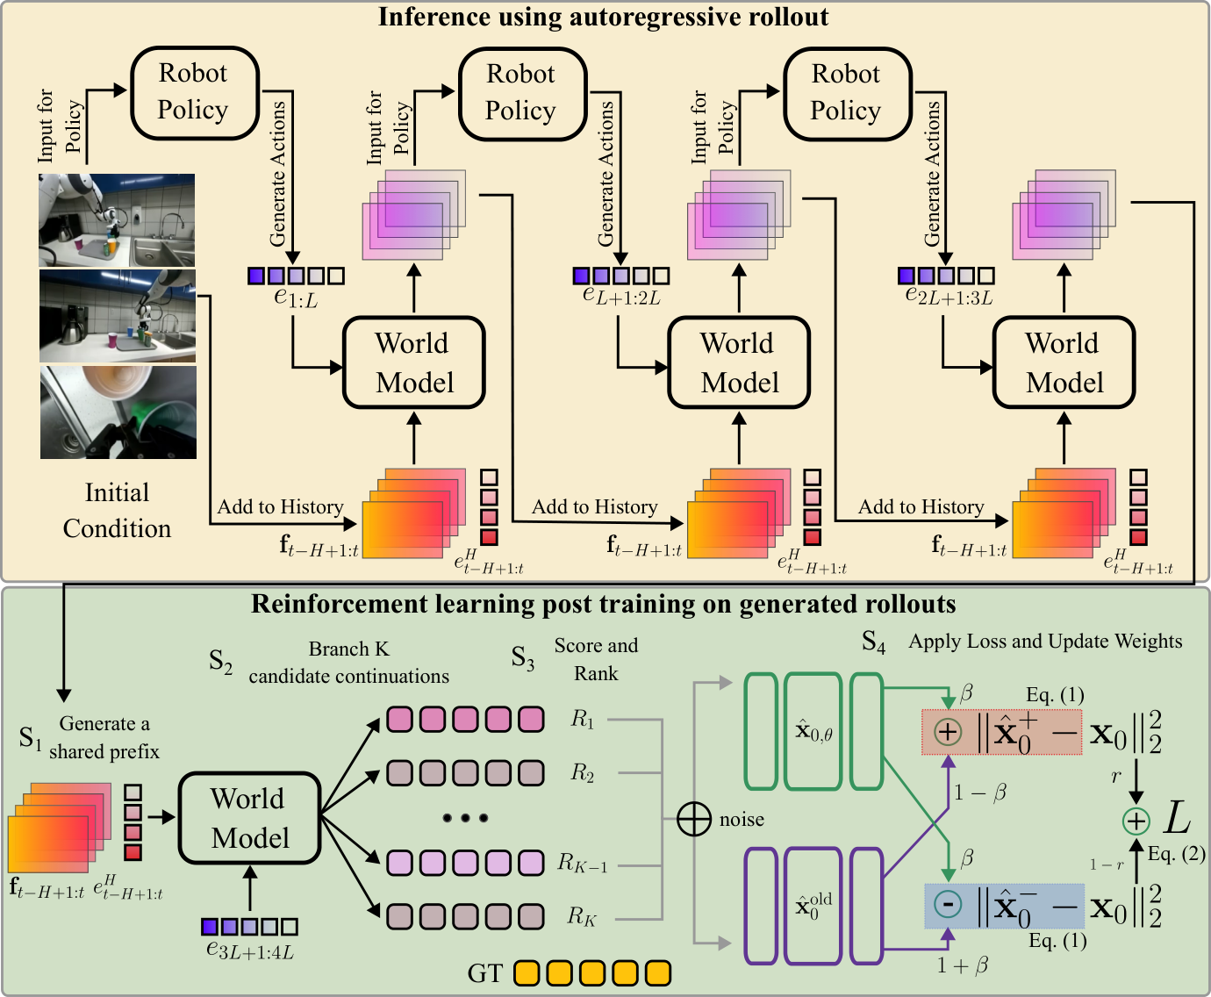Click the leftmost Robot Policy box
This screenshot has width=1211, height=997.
pos(194,92)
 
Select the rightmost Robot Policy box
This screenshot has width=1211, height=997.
pos(847,93)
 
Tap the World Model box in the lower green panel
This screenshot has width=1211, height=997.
pos(249,818)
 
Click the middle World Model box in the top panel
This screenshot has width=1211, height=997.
pos(738,362)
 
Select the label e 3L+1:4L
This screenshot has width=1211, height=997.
pos(250,949)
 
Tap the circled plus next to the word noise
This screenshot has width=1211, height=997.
pos(693,819)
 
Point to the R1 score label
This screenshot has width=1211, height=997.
pos(583,720)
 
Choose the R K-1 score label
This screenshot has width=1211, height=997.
pos(583,863)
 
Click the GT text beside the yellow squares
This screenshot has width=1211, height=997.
pos(484,973)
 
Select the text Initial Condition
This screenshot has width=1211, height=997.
pos(117,510)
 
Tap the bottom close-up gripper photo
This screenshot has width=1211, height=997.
pos(118,412)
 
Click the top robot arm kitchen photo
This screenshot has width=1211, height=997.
pos(117,219)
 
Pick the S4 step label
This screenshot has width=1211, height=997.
pos(873,642)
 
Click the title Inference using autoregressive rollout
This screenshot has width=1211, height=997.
pos(603,17)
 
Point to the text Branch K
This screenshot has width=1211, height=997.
pos(348,649)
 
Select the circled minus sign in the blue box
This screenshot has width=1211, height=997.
pos(947,904)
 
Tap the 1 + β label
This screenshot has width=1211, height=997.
pos(962,965)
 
